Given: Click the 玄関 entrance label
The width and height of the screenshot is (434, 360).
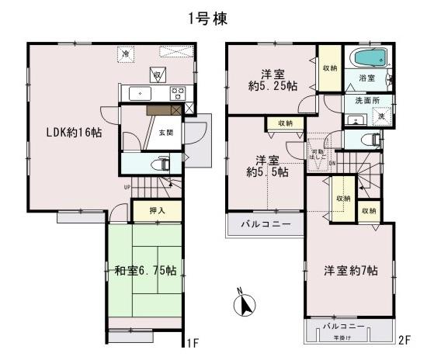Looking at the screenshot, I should [166, 133].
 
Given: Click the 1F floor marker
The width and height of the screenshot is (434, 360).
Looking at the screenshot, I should [193, 341].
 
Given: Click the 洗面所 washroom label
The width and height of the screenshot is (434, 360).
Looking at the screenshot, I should [360, 101].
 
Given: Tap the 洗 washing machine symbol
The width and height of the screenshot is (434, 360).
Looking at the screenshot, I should [380, 116].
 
